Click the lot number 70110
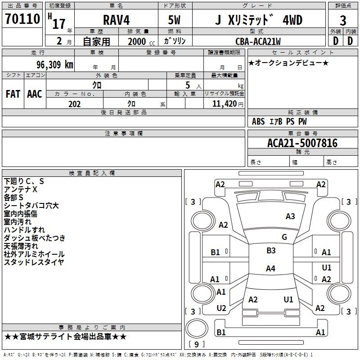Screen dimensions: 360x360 click(22, 18)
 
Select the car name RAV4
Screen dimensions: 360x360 click(117, 20)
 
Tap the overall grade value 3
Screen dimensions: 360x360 click(343, 20)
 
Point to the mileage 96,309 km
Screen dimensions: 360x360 click(54, 64)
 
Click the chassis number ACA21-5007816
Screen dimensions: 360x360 click(302, 143)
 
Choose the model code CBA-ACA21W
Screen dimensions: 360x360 click(258, 41)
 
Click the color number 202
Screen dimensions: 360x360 click(74, 104)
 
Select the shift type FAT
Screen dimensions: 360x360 click(13, 94)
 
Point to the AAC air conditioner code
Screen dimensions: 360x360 click(35, 94)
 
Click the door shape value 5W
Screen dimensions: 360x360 click(174, 20)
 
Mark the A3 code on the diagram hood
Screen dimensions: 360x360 click(290, 216)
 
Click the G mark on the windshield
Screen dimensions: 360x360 click(284, 237)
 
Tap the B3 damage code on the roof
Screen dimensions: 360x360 click(271, 251)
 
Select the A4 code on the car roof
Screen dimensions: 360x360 click(270, 268)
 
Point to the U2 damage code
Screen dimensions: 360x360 click(221, 308)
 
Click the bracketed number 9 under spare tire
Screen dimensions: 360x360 click(197, 344)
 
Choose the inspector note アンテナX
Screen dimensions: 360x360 click(20, 189)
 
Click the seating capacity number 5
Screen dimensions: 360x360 click(188, 85)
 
